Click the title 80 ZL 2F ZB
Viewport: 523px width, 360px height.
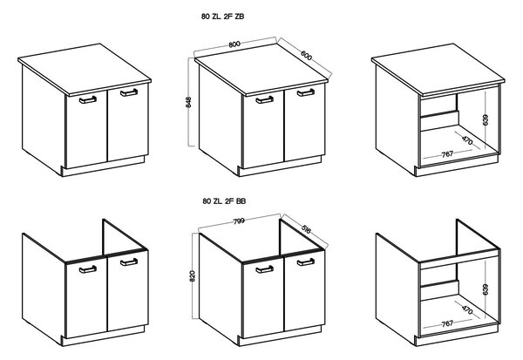pos(222,17)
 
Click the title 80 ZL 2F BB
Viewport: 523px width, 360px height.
pos(224,201)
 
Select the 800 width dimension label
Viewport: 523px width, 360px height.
pos(234,44)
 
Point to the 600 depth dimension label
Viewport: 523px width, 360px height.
pos(307,56)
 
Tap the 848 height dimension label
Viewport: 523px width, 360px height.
pos(188,102)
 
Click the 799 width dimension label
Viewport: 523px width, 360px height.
pos(239,221)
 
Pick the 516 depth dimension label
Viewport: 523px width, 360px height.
pos(306,229)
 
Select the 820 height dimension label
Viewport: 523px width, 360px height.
pos(193,275)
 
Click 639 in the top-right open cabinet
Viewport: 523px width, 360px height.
pos(486,119)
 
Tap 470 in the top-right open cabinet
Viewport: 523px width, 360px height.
pos(467,140)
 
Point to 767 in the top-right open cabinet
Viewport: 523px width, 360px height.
pos(447,153)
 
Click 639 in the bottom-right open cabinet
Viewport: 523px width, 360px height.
pos(486,289)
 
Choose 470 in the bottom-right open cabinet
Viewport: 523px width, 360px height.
pos(467,309)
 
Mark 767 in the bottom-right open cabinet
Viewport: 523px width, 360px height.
pos(447,323)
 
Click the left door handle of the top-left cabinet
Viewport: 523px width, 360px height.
pos(88,99)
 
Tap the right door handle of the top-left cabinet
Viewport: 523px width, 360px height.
pos(129,92)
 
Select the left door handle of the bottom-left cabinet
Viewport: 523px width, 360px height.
pos(88,269)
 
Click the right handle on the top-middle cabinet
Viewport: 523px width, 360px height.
pos(306,92)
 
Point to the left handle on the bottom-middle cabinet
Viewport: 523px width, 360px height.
pos(264,269)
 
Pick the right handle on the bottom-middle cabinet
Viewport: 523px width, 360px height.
pos(306,262)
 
